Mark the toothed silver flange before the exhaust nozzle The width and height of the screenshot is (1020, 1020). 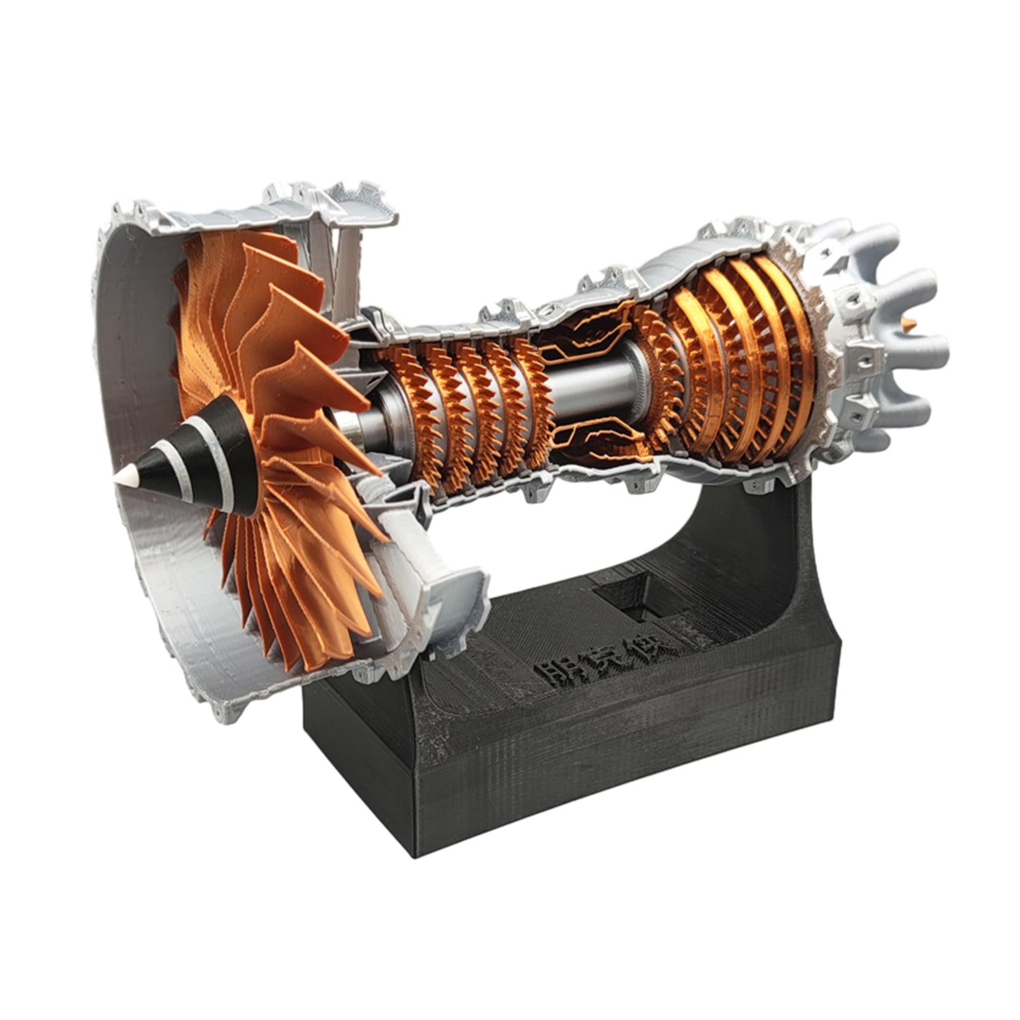click(x=829, y=357)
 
